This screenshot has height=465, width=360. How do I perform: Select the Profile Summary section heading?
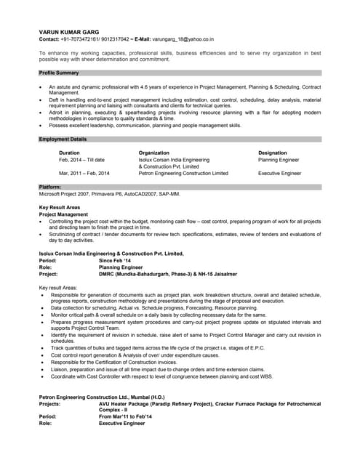(x=59, y=73)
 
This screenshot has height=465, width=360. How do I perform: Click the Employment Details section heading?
(x=63, y=139)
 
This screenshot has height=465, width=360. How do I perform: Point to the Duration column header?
(x=69, y=153)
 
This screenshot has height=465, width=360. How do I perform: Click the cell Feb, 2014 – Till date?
(x=81, y=159)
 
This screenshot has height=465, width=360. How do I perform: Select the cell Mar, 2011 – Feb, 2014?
(x=84, y=174)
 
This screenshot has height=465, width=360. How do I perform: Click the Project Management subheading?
(x=63, y=214)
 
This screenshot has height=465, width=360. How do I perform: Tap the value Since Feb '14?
(x=115, y=260)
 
